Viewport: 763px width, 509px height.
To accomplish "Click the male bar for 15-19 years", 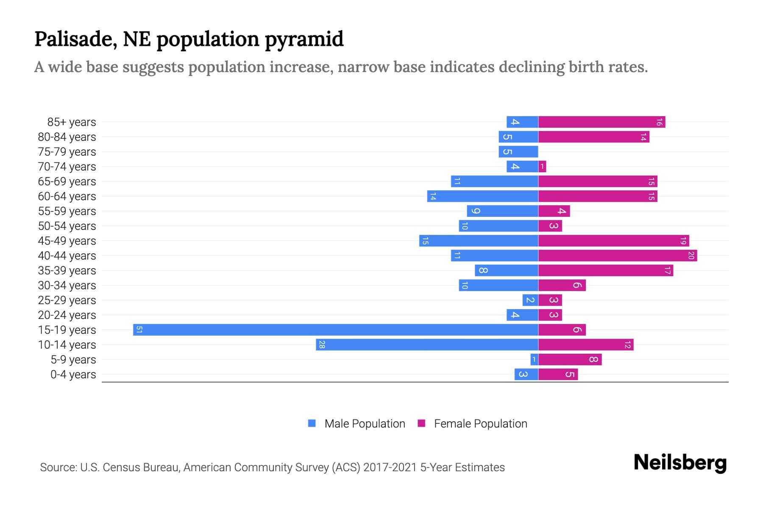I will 335,330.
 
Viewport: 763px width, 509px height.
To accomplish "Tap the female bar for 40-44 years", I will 617,255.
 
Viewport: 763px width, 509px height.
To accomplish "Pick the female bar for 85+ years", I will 601,122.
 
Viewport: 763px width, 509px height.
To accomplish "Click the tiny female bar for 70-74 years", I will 542,166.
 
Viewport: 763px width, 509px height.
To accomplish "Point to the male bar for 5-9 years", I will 534,359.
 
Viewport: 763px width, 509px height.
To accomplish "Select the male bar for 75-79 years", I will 518,151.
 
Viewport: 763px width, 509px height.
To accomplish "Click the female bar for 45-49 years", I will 613,241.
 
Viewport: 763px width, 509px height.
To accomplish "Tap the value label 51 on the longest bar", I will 139,330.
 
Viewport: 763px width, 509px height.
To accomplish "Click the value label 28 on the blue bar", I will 322,344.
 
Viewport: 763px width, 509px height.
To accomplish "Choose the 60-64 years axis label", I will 67,196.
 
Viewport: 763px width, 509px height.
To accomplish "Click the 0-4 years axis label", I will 73,375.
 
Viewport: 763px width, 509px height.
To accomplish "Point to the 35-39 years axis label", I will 67,271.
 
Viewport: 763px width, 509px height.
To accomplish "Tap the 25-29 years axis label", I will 67,300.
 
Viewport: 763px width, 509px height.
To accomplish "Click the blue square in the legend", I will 312,423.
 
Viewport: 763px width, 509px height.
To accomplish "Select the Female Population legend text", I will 480,424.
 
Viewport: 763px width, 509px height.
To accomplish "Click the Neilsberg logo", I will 680,463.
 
